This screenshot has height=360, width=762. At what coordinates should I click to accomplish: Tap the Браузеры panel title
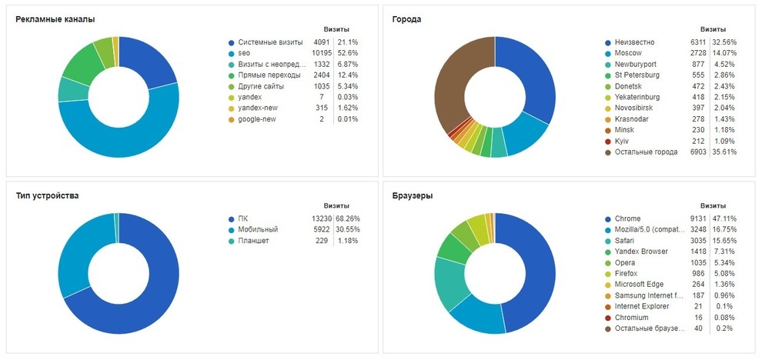tap(412, 195)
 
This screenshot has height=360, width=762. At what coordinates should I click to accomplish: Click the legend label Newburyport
tap(635, 64)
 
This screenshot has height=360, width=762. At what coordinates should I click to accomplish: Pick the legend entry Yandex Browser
tap(641, 252)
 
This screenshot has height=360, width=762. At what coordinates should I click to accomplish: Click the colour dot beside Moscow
tap(607, 53)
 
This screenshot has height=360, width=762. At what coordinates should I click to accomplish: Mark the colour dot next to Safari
tap(607, 241)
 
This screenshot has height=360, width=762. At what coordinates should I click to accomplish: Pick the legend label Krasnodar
tap(631, 119)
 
